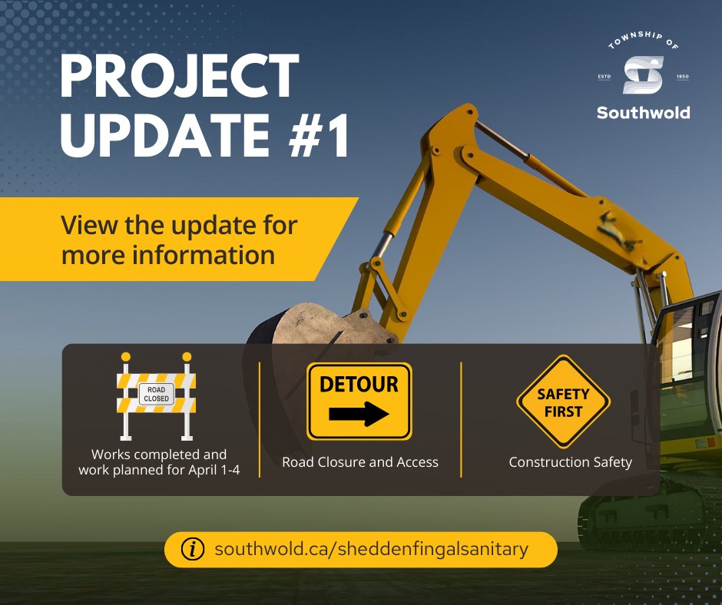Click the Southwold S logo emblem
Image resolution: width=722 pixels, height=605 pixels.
643,74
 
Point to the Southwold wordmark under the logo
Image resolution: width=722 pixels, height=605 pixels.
643,113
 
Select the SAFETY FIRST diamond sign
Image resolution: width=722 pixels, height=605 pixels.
564,402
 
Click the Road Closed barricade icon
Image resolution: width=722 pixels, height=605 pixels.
156,395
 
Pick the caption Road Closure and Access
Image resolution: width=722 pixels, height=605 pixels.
359,462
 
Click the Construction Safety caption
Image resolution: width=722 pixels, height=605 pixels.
570,462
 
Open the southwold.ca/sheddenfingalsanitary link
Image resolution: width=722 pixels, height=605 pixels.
372,550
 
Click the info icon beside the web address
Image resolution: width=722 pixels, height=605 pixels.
192,550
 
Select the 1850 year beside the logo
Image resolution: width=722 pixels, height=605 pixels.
682,76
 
